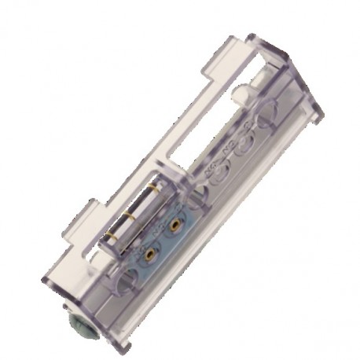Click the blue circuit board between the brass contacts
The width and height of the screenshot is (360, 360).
tap(161, 241)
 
